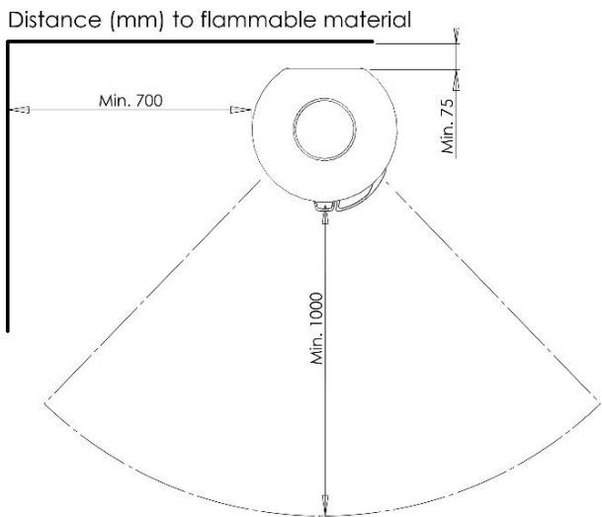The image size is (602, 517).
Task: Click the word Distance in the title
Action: point(54,20)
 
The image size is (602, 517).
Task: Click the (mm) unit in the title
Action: point(137,21)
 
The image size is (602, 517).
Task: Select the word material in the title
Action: point(368,20)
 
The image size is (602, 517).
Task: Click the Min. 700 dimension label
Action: point(130,101)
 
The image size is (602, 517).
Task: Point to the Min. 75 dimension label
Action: point(448,127)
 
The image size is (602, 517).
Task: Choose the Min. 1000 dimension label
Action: point(317,328)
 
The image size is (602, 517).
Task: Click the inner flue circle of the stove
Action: point(324,98)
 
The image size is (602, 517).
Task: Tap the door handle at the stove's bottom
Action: point(325,207)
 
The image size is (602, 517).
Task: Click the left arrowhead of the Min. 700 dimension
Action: point(19,110)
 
